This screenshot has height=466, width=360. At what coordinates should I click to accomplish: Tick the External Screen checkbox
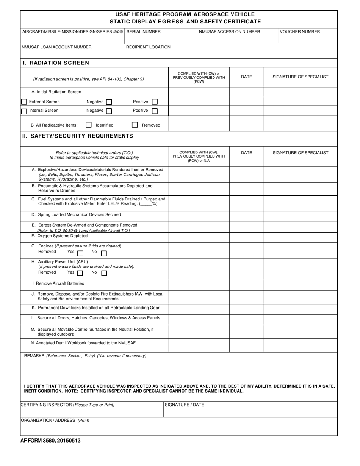(24, 102)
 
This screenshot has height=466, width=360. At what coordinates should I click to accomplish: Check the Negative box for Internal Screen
(109, 111)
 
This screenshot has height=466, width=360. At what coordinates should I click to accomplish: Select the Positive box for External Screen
(155, 102)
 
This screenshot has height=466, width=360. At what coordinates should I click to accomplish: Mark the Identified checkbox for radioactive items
(89, 125)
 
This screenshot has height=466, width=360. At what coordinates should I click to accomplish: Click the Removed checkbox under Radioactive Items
(135, 125)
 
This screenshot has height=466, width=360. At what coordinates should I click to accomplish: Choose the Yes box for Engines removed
(80, 253)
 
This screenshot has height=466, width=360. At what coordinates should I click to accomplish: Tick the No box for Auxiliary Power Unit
(104, 273)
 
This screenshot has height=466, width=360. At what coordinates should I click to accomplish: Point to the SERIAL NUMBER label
(143, 32)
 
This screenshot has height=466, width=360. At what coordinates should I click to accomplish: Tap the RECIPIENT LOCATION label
(148, 47)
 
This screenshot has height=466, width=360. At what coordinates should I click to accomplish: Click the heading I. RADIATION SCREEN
(56, 63)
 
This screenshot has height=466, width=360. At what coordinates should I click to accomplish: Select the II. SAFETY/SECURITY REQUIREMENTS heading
(78, 136)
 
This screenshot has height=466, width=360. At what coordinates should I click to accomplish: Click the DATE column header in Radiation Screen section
(246, 77)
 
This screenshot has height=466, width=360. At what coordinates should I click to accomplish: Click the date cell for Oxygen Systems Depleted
(246, 238)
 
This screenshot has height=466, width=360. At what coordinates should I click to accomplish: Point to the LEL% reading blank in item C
(146, 204)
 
